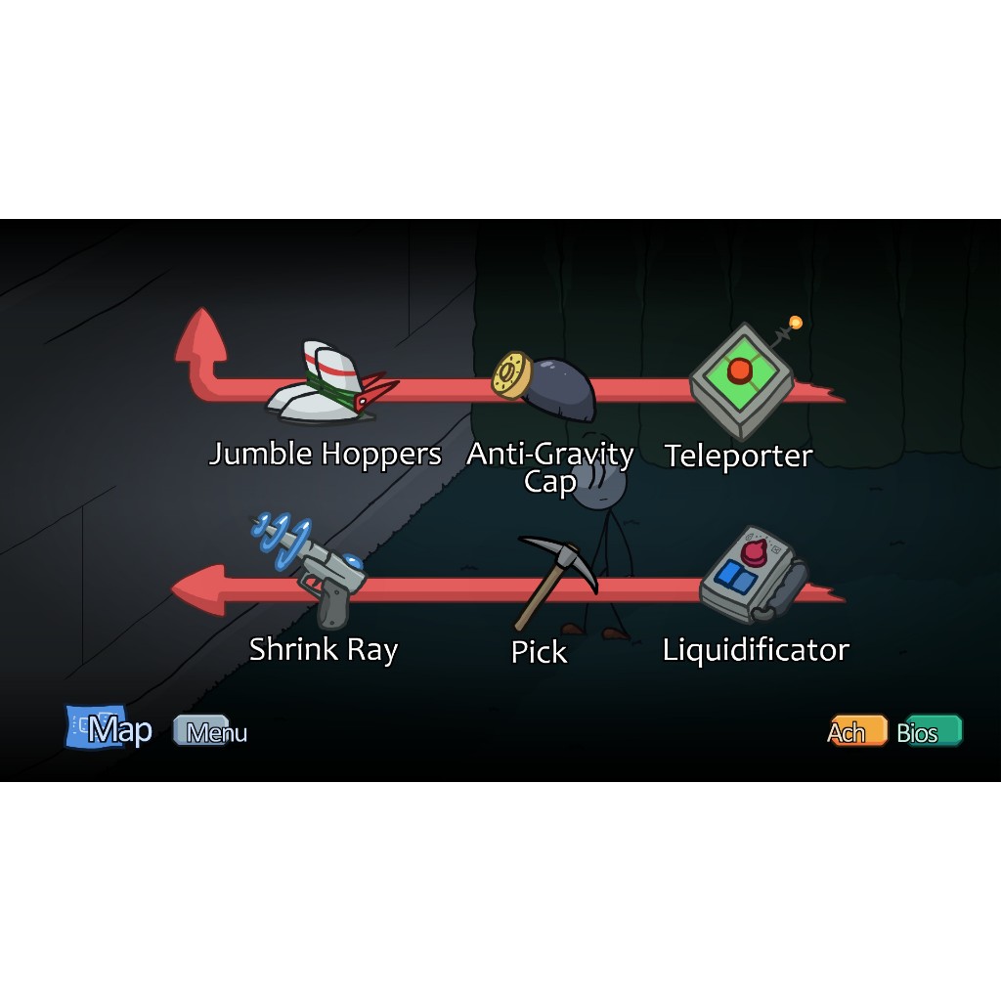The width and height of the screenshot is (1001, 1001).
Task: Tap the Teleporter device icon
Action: (x=742, y=381)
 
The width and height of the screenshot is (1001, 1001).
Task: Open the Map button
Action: (x=109, y=729)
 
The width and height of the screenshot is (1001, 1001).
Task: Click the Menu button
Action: (x=211, y=732)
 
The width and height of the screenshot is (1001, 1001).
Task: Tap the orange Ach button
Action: (x=855, y=731)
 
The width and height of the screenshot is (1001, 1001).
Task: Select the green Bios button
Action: (x=929, y=731)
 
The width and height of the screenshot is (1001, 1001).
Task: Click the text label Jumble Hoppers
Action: (x=325, y=455)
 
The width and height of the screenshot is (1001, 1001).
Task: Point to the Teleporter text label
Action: (x=738, y=456)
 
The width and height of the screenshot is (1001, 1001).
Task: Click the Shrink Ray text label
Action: (x=323, y=650)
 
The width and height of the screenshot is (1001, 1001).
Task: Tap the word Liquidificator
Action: (x=755, y=650)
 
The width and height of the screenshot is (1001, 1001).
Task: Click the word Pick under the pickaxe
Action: (x=539, y=652)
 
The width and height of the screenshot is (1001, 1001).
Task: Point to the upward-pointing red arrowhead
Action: (x=201, y=335)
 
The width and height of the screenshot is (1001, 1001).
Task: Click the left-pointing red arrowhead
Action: (x=196, y=590)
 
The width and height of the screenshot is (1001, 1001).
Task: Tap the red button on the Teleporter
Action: (x=740, y=370)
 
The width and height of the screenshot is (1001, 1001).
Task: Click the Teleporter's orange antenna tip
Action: (x=796, y=323)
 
